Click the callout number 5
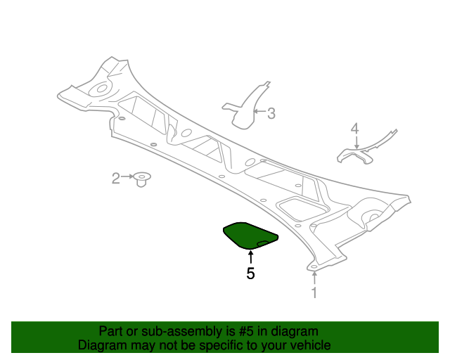coord(250,274)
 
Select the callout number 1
coord(314,292)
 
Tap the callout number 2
coord(115,179)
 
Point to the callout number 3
coord(271,113)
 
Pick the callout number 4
coord(355,129)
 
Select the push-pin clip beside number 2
coord(142,179)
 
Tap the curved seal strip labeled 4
coord(364,149)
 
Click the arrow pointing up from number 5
coord(251,257)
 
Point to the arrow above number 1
coord(315,278)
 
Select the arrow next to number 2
coord(127,176)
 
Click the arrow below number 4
coord(356,142)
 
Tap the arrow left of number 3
coord(259,111)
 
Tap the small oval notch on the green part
coord(262,243)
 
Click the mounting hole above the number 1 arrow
coord(314,267)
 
